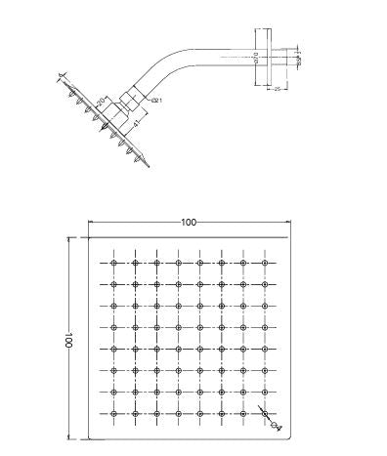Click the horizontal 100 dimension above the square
click(x=189, y=223)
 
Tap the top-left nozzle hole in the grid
click(x=114, y=264)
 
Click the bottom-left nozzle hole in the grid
click(x=114, y=412)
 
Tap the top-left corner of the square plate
click(x=90, y=239)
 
